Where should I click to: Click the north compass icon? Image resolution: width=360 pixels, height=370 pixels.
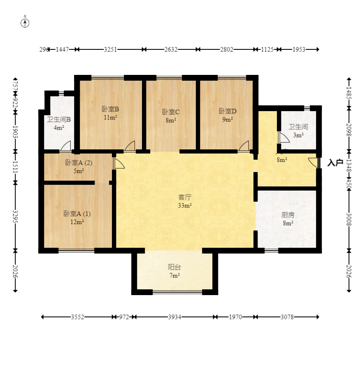[25, 23]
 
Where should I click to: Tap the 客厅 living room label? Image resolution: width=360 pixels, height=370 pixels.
[185, 197]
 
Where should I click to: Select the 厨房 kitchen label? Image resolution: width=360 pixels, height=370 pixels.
[288, 215]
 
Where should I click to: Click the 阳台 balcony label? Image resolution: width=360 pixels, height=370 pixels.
[174, 267]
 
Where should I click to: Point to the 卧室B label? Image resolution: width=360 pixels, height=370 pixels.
[110, 109]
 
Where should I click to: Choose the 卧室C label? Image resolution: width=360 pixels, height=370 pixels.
[171, 112]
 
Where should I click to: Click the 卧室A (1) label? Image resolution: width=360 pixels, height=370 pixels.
[77, 214]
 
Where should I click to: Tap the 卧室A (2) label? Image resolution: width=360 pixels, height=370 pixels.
[79, 163]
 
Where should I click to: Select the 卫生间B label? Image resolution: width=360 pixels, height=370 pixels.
[59, 120]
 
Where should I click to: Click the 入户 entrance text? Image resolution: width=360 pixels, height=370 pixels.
[335, 163]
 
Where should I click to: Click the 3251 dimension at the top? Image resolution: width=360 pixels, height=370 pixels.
[110, 49]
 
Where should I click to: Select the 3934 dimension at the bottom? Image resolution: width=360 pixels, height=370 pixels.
[174, 317]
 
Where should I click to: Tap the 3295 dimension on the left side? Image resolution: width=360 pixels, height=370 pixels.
[15, 216]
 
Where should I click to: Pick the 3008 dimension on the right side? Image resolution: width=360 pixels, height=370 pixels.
[349, 219]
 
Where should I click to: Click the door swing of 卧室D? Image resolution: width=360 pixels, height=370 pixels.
[244, 146]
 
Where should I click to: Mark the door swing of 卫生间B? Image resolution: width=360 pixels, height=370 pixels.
[66, 146]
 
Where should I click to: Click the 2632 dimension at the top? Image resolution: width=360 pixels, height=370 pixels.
[171, 49]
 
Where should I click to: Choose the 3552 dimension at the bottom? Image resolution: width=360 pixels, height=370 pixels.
[77, 317]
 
